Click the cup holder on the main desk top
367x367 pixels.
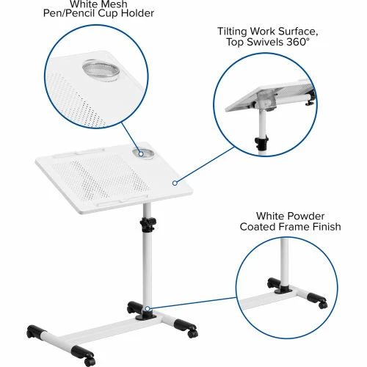[x=143, y=153]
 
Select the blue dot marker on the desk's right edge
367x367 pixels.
[x=175, y=182]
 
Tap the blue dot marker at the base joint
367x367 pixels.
[x=147, y=309]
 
